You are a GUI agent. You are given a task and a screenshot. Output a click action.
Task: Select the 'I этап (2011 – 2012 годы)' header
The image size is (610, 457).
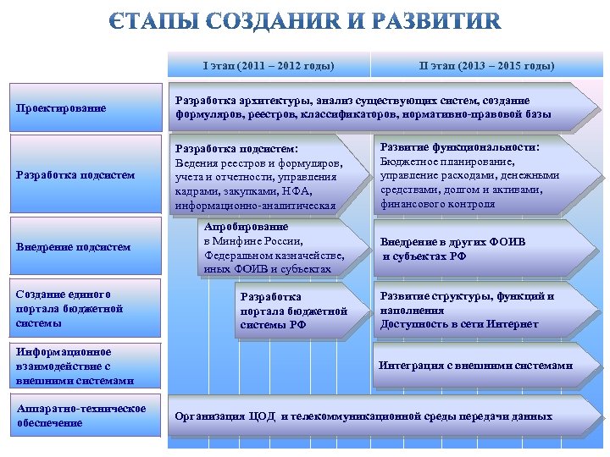tap(269, 65)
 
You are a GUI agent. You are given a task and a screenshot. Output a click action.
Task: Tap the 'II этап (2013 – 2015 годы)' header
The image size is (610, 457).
tap(486, 65)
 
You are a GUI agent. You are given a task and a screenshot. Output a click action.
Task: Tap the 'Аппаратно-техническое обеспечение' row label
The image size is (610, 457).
tap(80, 416)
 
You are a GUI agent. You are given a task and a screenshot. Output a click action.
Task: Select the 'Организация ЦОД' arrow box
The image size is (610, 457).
tap(373, 416)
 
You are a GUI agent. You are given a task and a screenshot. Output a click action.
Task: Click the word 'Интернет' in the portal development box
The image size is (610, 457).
tap(512, 324)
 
